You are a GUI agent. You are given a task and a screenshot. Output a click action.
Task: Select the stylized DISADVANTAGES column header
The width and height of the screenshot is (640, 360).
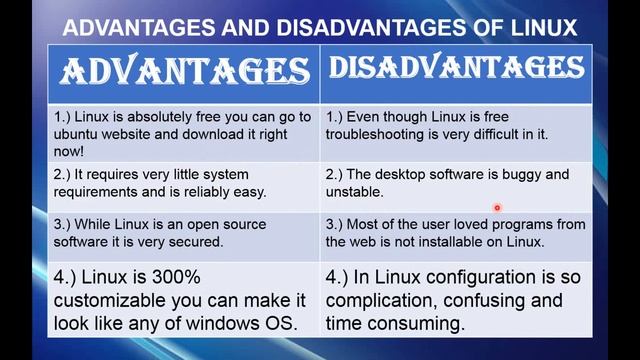tap(456, 68)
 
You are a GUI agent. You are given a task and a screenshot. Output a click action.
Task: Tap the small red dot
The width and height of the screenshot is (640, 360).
tap(496, 208)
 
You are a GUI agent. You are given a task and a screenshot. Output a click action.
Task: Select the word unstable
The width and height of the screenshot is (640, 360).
tap(354, 191)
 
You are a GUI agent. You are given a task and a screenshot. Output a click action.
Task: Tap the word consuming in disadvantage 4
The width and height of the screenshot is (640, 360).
tap(417, 323)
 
